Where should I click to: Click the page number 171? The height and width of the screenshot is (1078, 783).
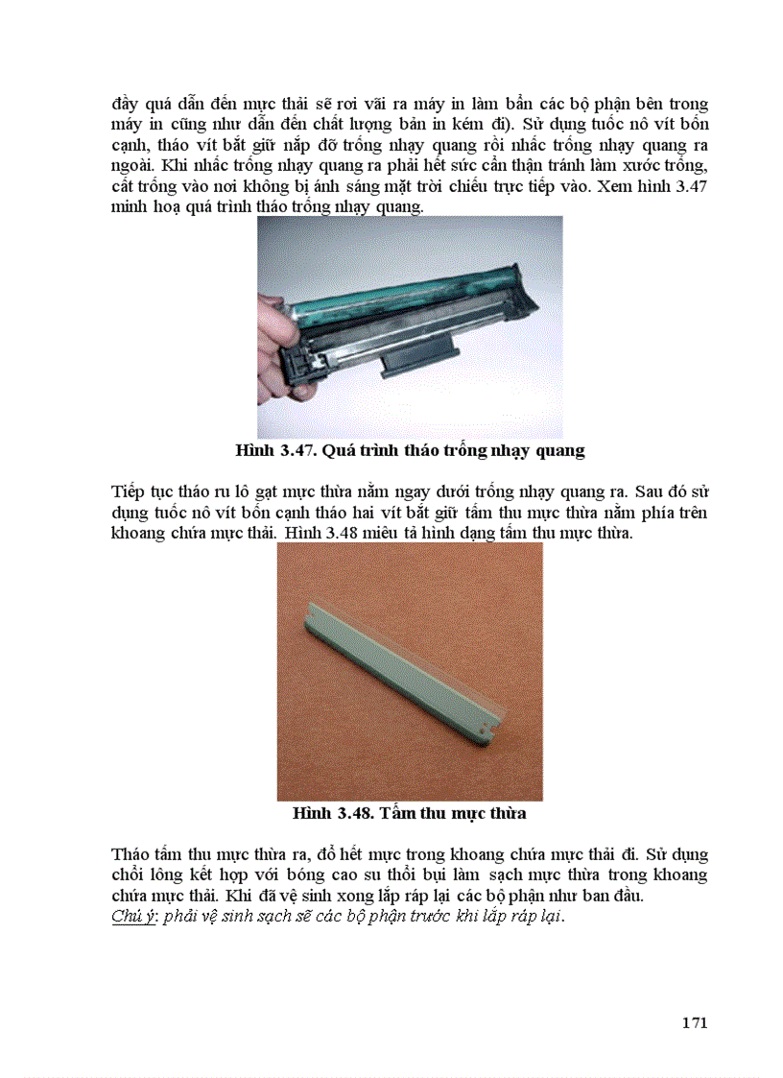tap(694, 1022)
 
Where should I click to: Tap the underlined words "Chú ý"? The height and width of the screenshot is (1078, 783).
tap(132, 916)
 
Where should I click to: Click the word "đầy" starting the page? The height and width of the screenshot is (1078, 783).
tap(127, 105)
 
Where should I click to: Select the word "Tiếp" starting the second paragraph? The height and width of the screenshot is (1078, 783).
tap(130, 492)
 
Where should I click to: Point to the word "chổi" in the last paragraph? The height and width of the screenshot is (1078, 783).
tap(130, 875)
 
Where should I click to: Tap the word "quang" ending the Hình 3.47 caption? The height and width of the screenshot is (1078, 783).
tap(559, 450)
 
